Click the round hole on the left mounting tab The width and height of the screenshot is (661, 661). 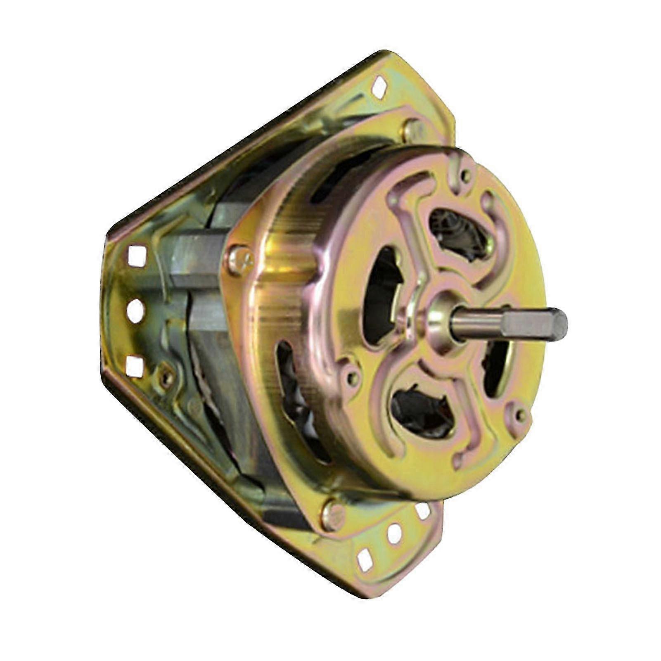(135, 310)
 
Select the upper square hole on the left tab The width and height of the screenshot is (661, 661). (137, 256)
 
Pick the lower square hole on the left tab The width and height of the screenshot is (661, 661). (134, 366)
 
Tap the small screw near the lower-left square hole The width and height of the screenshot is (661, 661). (166, 376)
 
